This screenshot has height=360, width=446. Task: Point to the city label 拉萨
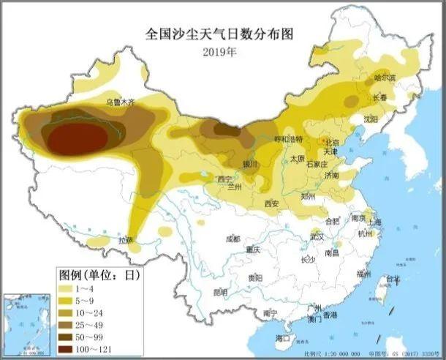pyautogui.click(x=126, y=239)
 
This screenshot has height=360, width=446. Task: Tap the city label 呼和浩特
pyautogui.click(x=287, y=139)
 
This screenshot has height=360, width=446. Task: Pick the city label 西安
pyautogui.click(x=273, y=203)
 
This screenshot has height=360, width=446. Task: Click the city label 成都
pyautogui.click(x=233, y=238)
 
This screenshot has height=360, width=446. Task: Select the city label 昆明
pyautogui.click(x=220, y=292)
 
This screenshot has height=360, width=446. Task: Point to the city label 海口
pyautogui.click(x=283, y=338)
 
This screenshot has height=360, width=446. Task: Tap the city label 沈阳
pyautogui.click(x=373, y=118)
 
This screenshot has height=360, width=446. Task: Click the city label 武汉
pyautogui.click(x=316, y=236)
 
